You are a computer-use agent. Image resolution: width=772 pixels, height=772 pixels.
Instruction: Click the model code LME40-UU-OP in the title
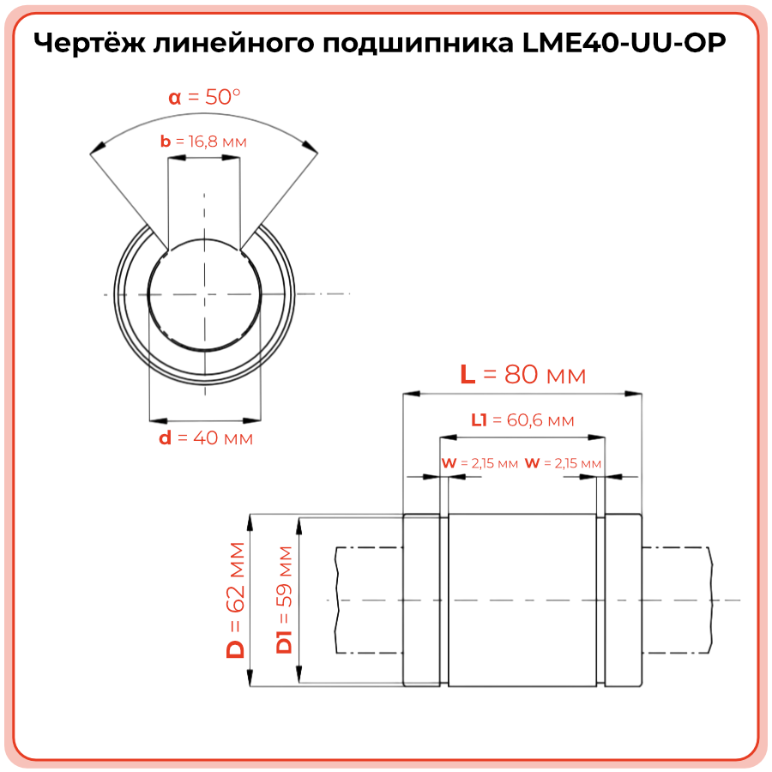point(624,43)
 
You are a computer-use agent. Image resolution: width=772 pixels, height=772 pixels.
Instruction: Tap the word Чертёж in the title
point(90,43)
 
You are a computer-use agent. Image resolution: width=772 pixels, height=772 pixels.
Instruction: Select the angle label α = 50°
point(204,97)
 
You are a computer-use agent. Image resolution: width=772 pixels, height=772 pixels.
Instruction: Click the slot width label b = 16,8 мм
point(203,142)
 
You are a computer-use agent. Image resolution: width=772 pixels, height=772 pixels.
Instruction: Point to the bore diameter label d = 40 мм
point(206,437)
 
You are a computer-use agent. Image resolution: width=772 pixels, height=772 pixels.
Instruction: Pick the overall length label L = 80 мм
point(523,375)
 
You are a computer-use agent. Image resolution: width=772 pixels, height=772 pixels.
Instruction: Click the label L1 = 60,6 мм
point(522,420)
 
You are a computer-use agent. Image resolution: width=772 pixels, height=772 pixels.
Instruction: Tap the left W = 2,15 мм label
point(479,463)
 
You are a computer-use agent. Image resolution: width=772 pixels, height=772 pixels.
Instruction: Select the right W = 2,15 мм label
point(563,463)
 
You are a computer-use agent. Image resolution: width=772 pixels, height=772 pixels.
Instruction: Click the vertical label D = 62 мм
point(235,600)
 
